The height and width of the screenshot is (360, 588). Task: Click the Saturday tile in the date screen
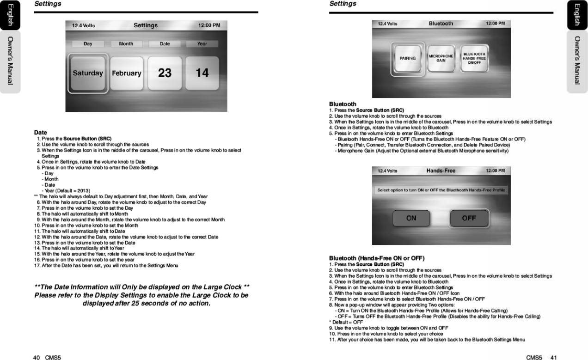[x=88, y=73]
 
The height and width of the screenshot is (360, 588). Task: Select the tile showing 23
[x=165, y=73]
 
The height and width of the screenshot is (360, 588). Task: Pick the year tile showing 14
[x=202, y=73]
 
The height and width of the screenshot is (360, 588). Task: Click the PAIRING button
[x=407, y=58]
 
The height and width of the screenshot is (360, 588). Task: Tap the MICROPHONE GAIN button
[x=441, y=58]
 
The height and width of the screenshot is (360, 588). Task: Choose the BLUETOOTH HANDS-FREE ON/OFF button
[x=474, y=58]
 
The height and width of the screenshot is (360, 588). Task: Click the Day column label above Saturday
[x=88, y=44]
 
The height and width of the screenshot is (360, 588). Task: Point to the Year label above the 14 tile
[x=202, y=44]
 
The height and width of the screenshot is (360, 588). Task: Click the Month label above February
[x=126, y=44]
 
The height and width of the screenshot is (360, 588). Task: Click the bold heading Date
[x=41, y=133]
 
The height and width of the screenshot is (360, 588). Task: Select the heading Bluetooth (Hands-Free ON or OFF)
[x=377, y=258]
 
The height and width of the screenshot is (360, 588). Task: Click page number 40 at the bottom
[x=36, y=357]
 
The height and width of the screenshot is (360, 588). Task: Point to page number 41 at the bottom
[x=553, y=357]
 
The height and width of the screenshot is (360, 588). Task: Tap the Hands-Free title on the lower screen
[x=441, y=171]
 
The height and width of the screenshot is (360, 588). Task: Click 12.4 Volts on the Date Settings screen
[x=84, y=26]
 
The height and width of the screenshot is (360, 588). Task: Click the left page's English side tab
[x=9, y=15]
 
